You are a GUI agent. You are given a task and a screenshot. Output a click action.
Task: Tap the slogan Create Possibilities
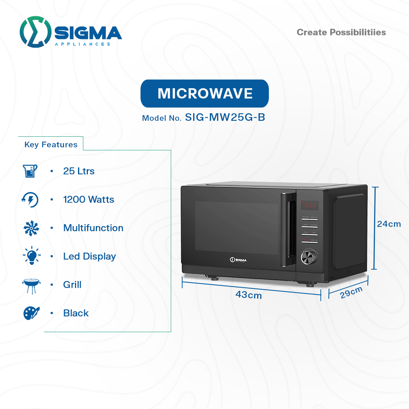(341, 33)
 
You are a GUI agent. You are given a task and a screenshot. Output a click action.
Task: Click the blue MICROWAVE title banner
(204, 94)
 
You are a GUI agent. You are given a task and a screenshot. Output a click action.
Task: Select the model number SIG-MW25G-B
(225, 117)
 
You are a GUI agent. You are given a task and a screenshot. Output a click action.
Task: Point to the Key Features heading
(51, 145)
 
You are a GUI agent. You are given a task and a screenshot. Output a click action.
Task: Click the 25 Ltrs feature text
(79, 171)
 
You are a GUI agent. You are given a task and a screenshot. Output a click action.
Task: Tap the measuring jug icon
(30, 171)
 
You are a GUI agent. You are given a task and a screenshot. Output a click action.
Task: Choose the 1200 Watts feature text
(89, 200)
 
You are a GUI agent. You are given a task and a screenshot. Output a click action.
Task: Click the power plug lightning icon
(30, 200)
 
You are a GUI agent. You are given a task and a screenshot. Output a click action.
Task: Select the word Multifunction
(93, 228)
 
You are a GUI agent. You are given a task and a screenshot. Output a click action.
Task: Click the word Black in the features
(76, 313)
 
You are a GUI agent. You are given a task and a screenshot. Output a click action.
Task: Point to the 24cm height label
(389, 224)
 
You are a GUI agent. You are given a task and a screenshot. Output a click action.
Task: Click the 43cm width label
(248, 295)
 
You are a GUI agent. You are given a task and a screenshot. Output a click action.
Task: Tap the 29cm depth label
(351, 292)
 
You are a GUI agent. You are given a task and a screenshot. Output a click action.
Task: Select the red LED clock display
(309, 205)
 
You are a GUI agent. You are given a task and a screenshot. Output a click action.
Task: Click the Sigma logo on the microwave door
(238, 260)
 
